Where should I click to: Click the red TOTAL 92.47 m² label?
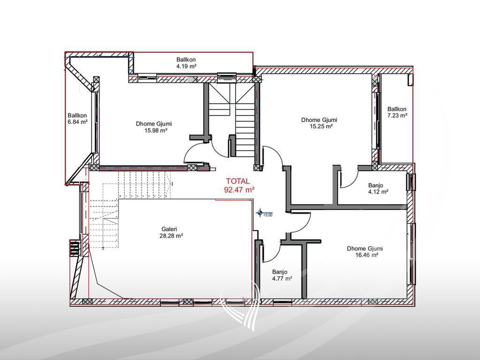coord(240,186)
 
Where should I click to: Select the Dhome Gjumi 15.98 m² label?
coord(154,127)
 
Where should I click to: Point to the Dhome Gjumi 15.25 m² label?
coord(319,123)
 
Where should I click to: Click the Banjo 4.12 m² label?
coord(378,188)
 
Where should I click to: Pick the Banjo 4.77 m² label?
coord(282,275)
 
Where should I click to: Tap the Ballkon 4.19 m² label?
coord(186,63)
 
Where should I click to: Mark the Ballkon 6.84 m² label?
coord(77,119)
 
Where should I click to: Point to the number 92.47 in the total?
coord(240,190)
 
